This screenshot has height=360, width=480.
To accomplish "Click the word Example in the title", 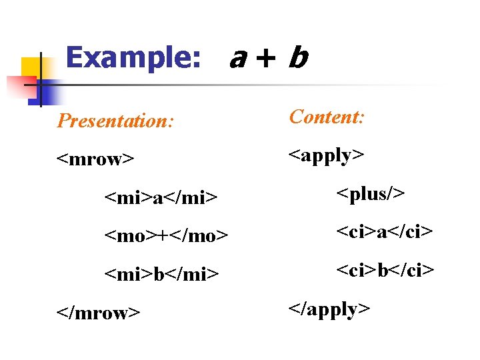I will click(133, 58).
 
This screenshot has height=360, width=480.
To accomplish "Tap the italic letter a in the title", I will click(236, 60).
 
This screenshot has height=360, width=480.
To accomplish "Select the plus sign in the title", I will click(265, 59).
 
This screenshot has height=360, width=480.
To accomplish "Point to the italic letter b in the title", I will click(297, 59).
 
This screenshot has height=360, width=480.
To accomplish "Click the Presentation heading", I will click(115, 121).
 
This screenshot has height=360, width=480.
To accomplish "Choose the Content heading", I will click(327, 117).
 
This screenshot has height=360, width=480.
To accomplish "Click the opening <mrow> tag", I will click(95, 159).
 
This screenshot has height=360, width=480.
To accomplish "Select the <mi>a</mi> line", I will click(161, 197).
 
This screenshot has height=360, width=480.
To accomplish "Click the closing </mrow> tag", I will click(98, 312).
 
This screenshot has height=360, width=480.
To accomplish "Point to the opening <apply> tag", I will click(326, 156).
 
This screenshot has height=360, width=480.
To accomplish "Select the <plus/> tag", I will click(370, 194).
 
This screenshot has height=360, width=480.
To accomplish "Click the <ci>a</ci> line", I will click(385, 232).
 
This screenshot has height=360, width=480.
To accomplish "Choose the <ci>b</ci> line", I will click(385, 270).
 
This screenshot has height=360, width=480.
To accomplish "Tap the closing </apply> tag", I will click(329, 309).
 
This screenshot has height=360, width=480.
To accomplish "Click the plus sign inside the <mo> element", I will click(165, 236).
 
